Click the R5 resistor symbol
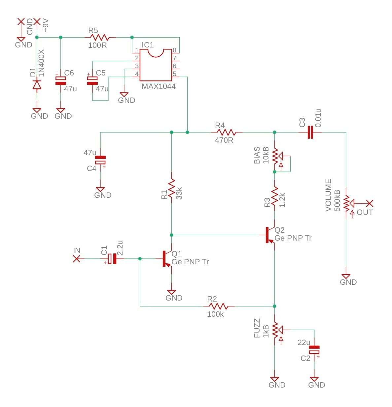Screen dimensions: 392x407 (100, 38)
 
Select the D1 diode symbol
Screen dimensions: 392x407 (37, 85)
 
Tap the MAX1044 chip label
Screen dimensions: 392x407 (159, 87)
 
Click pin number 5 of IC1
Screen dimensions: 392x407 (174, 74)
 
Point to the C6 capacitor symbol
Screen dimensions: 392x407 (60, 81)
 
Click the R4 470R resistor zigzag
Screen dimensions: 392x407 (227, 132)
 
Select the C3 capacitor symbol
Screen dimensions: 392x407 (310, 132)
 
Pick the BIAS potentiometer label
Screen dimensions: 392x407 (257, 155)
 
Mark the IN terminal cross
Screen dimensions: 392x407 (77, 259)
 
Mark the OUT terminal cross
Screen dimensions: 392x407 (370, 203)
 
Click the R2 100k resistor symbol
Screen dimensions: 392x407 (219, 306)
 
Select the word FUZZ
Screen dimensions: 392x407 (257, 328)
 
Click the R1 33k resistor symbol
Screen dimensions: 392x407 (171, 188)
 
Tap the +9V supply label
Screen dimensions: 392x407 (46, 25)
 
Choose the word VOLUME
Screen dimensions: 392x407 (328, 195)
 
